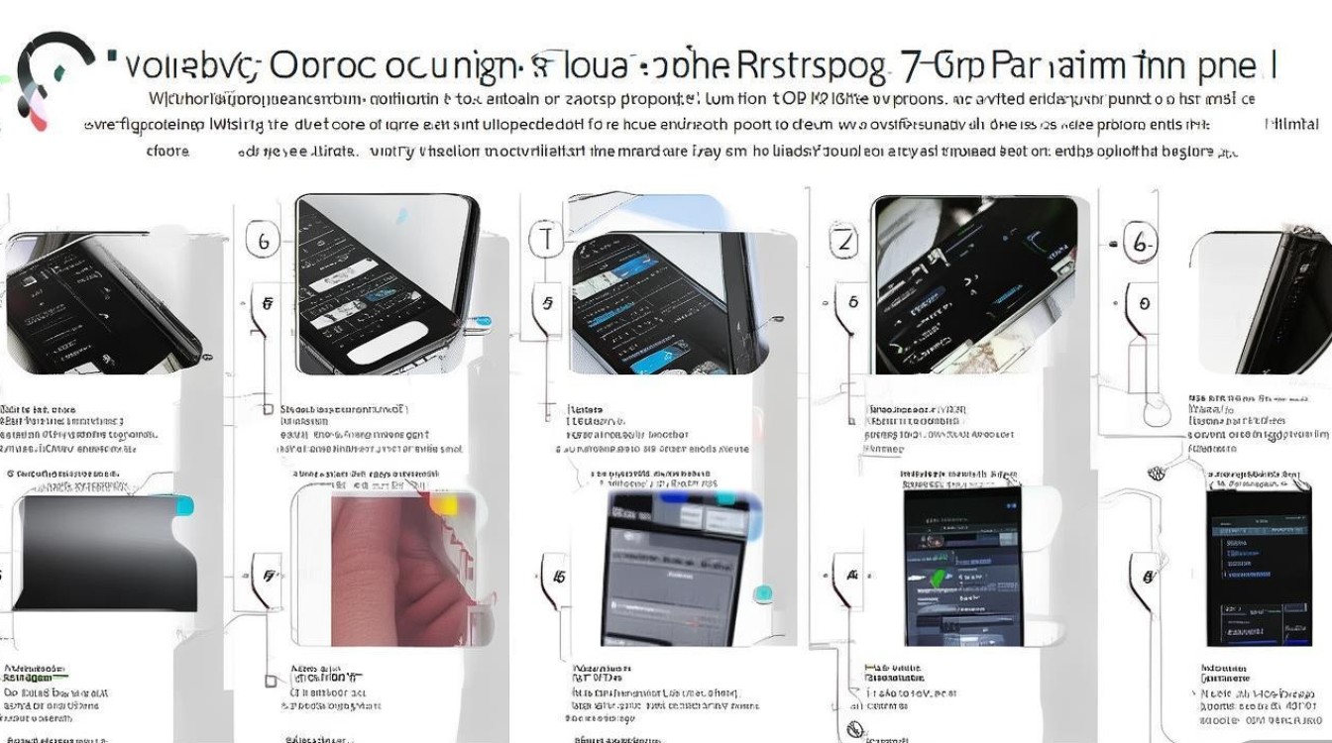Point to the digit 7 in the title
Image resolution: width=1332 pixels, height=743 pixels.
click(x=913, y=66)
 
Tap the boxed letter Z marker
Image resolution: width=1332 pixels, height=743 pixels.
click(x=844, y=241)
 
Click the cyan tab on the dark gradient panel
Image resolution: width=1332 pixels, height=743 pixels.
click(x=183, y=507)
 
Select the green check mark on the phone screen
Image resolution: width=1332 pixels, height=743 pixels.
click(x=938, y=577)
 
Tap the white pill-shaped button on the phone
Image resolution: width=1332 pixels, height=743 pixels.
click(x=385, y=349)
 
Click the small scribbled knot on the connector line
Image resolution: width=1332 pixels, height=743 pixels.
click(x=1156, y=473)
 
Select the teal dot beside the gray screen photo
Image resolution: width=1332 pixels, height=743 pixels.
click(x=762, y=593)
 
